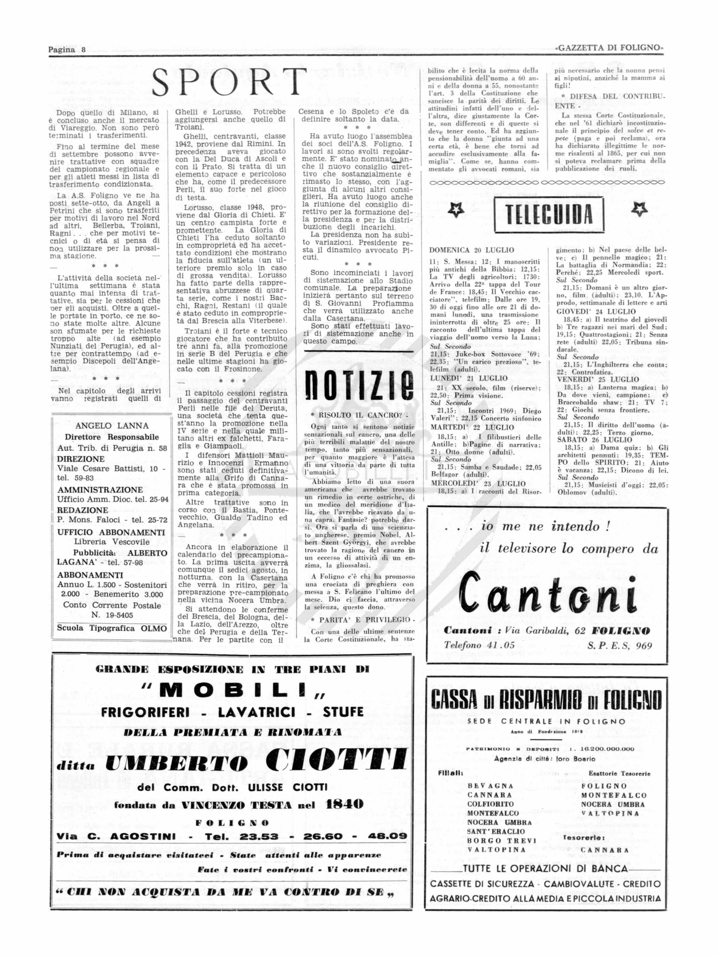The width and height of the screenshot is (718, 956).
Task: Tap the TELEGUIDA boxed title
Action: [x=549, y=214]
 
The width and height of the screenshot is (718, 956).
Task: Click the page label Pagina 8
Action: [x=67, y=50]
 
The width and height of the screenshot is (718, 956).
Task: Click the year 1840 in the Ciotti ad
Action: [x=345, y=804]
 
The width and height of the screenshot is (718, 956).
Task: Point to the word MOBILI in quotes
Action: [x=234, y=692]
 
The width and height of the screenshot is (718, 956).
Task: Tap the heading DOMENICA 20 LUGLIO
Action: [x=472, y=250]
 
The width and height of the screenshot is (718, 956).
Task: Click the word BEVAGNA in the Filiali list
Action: [x=490, y=786]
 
